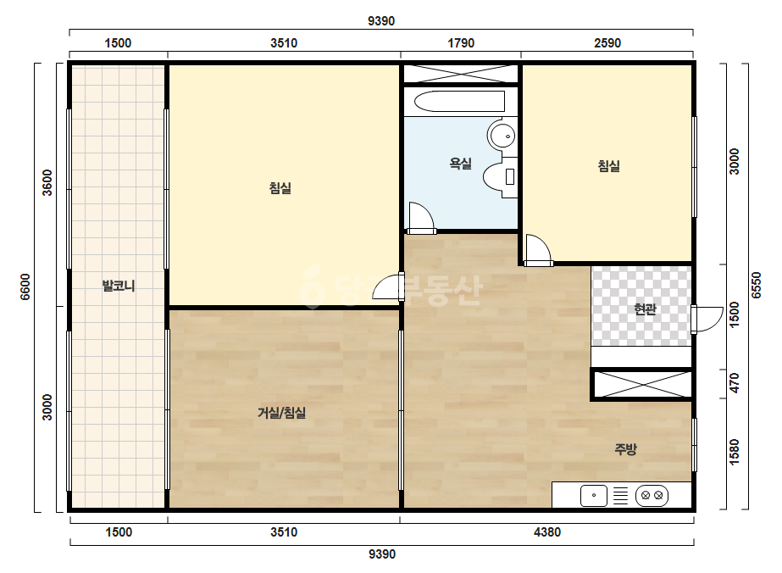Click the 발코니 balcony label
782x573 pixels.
[119, 286]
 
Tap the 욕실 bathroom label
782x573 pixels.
[460, 164]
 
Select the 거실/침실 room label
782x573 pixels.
[281, 413]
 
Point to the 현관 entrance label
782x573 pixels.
[645, 309]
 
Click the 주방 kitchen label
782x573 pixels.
[625, 449]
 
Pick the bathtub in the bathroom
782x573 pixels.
[459, 102]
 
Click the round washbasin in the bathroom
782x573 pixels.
[502, 135]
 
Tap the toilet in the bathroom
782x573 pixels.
[500, 177]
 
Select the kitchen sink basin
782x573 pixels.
[594, 496]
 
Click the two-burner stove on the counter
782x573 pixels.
[652, 496]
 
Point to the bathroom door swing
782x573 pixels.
[421, 218]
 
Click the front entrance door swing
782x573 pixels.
[707, 320]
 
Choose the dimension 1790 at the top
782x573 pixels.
[461, 43]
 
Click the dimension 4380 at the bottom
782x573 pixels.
[547, 532]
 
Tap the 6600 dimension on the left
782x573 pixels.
[25, 286]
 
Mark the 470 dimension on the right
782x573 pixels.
[734, 383]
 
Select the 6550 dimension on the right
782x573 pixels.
[756, 285]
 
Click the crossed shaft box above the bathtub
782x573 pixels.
[461, 74]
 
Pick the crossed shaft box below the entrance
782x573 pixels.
[642, 384]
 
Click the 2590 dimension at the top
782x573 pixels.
[607, 43]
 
